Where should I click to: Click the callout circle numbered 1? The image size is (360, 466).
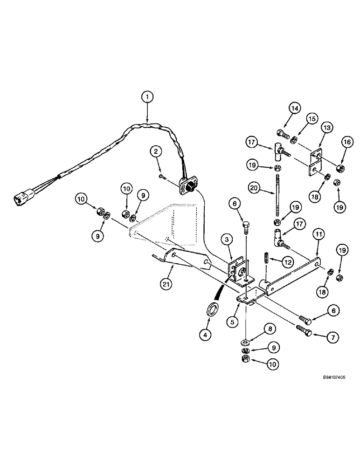(x=147, y=97)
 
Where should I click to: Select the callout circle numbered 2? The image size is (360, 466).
(x=156, y=151)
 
